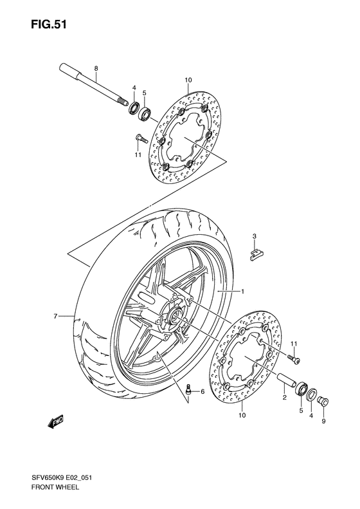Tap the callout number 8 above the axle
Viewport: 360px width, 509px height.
click(x=96, y=68)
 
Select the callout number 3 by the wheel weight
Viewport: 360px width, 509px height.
click(x=254, y=237)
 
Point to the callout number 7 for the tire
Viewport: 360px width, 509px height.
click(x=56, y=316)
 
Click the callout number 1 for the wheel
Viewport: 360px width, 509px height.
click(x=243, y=292)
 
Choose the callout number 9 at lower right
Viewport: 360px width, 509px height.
click(x=323, y=422)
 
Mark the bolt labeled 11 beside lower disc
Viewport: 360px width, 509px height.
click(x=293, y=356)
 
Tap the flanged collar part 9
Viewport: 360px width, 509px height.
click(x=323, y=403)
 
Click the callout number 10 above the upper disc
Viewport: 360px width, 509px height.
click(x=188, y=80)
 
